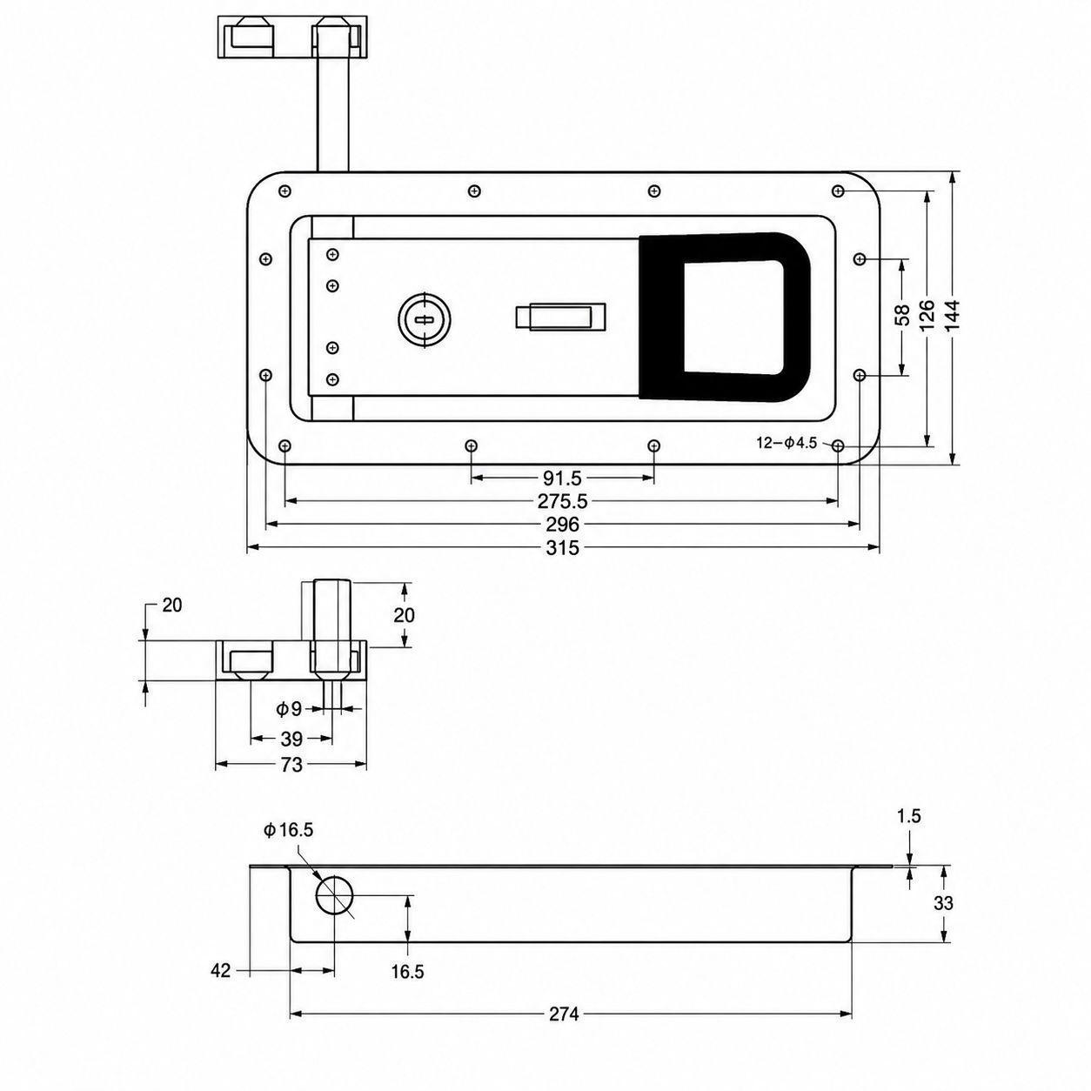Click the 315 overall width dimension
(562, 547)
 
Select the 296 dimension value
(562, 525)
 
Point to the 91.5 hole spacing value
(562, 479)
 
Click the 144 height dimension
(953, 318)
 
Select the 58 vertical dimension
(903, 316)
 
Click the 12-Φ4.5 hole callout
(787, 444)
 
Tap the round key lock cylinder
(425, 320)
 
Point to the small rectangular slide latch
(560, 317)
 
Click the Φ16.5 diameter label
(288, 831)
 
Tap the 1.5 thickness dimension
(908, 816)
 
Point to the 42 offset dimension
(221, 971)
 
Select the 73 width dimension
(291, 765)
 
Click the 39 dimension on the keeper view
(291, 739)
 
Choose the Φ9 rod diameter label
(289, 709)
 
